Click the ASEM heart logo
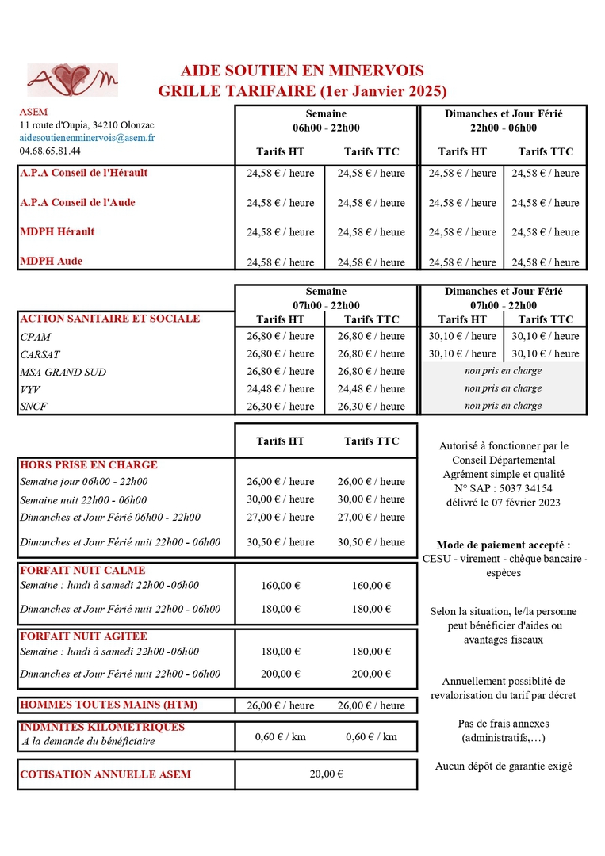coord(72,79)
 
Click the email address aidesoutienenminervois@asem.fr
coord(87,138)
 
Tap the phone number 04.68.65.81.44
coord(50,151)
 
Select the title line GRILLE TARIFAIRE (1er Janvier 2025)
coord(302,90)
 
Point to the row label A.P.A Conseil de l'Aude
coord(78,202)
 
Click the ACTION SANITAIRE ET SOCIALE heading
coord(109,319)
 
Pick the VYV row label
coord(29,389)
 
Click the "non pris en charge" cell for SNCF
coord(504,406)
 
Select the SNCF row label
coord(34,407)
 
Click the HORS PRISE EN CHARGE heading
coord(88,465)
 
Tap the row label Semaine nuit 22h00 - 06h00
coord(83,500)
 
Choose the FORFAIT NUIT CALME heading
coord(82,570)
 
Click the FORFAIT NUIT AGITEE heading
coord(83,636)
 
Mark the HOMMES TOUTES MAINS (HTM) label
coord(109,705)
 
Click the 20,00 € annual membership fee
coord(326,774)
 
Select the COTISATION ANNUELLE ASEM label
coord(105,774)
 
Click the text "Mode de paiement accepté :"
coord(504,545)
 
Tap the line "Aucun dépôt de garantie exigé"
coord(504,766)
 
